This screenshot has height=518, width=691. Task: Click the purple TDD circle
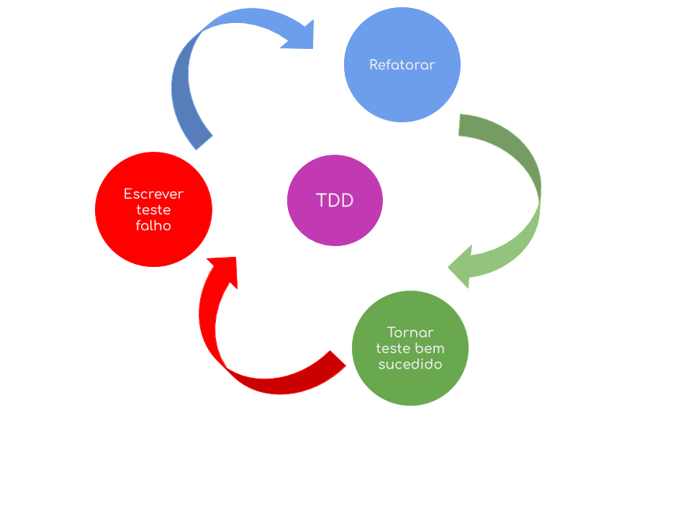coord(335,201)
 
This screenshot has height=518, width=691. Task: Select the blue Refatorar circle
coord(402,65)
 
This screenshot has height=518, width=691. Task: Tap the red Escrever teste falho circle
coord(153,209)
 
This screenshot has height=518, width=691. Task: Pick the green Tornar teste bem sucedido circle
coord(410,348)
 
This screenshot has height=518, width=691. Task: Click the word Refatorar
coord(402,65)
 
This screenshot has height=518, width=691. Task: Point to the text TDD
coord(335,201)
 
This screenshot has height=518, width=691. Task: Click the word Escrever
coord(153,194)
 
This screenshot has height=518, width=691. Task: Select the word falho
coord(153,225)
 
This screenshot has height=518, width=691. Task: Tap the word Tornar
coord(410,332)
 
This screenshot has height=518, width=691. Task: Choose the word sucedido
coord(410,364)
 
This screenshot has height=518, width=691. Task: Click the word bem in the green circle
coord(430,348)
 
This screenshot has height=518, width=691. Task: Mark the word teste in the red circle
coord(153,210)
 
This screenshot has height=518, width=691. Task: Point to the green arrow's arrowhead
coord(464,267)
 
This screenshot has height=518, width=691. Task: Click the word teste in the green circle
coord(393,348)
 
